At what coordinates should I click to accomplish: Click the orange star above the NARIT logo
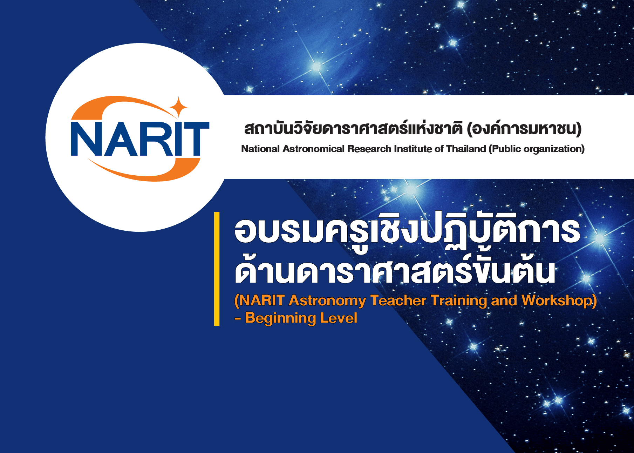click(x=178, y=107)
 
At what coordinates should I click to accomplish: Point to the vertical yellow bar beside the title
click(x=217, y=269)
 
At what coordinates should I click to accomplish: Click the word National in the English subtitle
click(x=260, y=149)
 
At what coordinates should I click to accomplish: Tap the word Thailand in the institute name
click(x=466, y=149)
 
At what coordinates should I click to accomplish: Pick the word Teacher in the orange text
click(x=398, y=300)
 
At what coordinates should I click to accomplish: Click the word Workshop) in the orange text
click(x=559, y=301)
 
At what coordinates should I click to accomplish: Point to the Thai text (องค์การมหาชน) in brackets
click(x=524, y=129)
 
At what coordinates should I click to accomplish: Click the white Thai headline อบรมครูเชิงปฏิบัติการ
click(x=407, y=231)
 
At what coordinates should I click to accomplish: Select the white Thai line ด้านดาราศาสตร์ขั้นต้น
click(x=395, y=270)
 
